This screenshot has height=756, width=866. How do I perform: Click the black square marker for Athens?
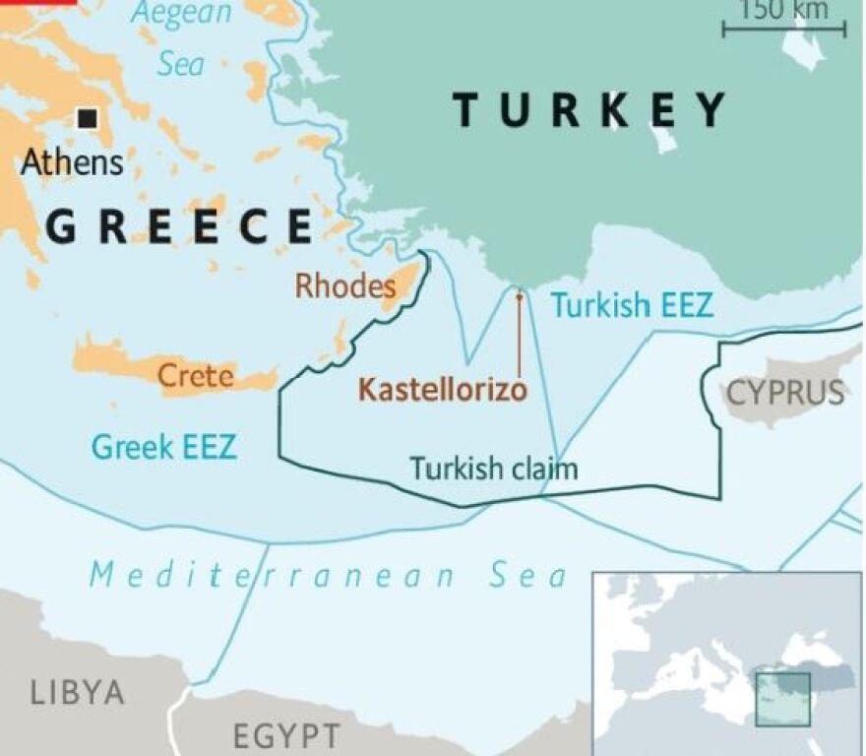click(88, 119)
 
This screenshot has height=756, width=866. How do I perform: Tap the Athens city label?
click(73, 161)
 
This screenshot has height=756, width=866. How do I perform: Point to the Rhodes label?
click(344, 286)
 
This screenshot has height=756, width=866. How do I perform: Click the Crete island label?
click(196, 376)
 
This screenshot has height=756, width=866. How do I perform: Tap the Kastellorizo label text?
click(442, 390)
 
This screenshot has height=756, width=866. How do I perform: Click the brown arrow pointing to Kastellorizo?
click(519, 330)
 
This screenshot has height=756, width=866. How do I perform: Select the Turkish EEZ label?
click(631, 306)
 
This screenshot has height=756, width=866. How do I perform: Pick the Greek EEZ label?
click(163, 448)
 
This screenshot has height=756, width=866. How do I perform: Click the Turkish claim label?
click(493, 468)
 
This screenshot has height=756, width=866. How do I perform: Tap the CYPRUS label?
click(785, 394)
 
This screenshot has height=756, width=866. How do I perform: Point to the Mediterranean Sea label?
click(329, 576)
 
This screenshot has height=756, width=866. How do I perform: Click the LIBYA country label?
click(78, 692)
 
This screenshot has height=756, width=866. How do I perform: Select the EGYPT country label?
click(286, 735)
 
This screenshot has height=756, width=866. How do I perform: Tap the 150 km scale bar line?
click(783, 30)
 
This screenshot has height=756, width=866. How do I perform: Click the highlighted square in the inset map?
click(782, 700)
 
